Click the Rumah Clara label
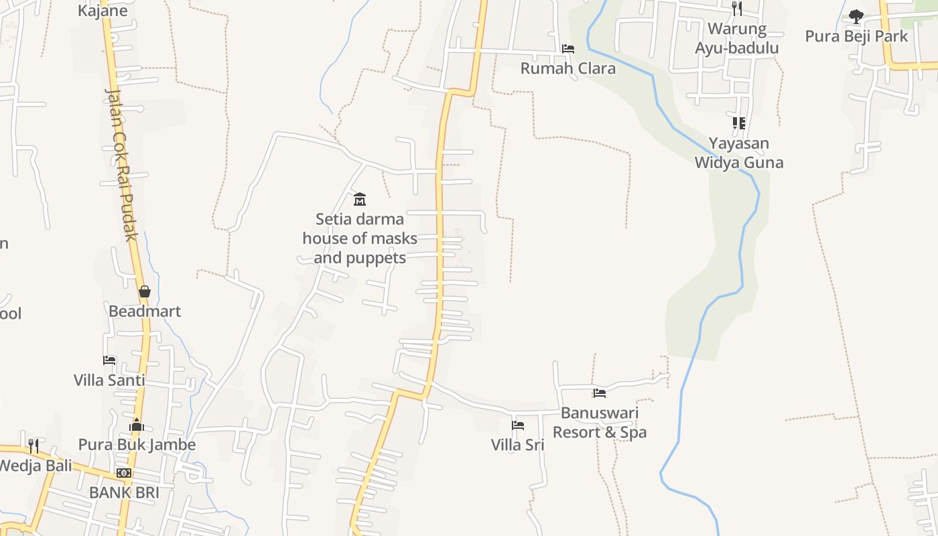pyautogui.click(x=567, y=68)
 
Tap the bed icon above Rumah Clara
pyautogui.click(x=568, y=49)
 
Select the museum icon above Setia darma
pyautogui.click(x=360, y=199)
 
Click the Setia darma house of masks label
pyautogui.click(x=360, y=239)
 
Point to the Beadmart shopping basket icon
pyautogui.click(x=144, y=291)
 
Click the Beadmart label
pyautogui.click(x=145, y=312)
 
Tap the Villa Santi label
pyautogui.click(x=109, y=381)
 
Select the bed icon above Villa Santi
pyautogui.click(x=109, y=360)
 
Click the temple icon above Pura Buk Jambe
pyautogui.click(x=137, y=425)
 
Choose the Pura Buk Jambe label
pyautogui.click(x=137, y=445)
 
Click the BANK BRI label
pyautogui.click(x=124, y=493)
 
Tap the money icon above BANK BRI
pyautogui.click(x=124, y=473)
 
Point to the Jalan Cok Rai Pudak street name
pyautogui.click(x=121, y=164)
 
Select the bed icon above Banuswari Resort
pyautogui.click(x=600, y=393)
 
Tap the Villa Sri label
pyautogui.click(x=517, y=445)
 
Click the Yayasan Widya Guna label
pyautogui.click(x=738, y=153)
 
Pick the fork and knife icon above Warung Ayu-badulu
pyautogui.click(x=737, y=9)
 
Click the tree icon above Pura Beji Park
pyautogui.click(x=856, y=16)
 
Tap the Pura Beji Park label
pyautogui.click(x=856, y=36)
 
